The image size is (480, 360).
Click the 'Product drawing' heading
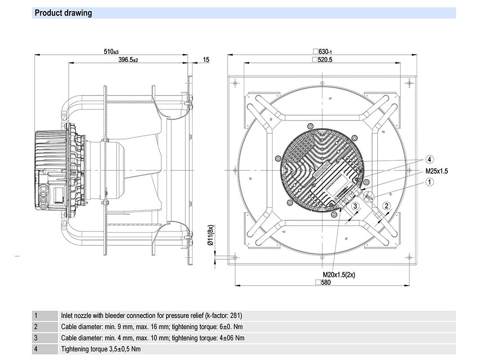tap(63, 13)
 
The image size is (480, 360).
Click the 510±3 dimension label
tap(111, 51)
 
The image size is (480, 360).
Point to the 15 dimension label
tap(206, 60)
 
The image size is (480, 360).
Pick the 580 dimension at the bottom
tap(325, 282)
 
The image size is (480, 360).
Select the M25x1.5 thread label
tap(436, 171)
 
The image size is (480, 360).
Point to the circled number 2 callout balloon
tap(386, 206)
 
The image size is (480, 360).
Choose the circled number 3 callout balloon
tap(355, 206)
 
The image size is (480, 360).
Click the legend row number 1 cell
tap(36, 316)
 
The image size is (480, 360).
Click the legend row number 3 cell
tap(36, 338)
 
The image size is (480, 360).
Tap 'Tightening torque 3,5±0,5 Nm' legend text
tap(101, 349)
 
